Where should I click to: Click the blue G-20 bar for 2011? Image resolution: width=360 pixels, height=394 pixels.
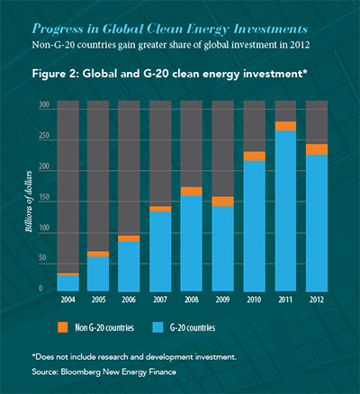click(285, 210)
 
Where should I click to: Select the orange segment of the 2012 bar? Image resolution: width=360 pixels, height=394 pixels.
click(317, 149)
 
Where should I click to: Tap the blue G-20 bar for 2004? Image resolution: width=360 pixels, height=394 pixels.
click(68, 283)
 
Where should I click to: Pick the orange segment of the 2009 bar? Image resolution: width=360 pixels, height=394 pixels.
click(223, 201)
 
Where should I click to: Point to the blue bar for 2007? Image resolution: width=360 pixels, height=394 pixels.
click(160, 252)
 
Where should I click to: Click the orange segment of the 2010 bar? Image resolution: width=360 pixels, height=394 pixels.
click(255, 157)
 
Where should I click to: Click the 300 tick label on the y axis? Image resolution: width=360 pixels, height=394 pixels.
click(44, 104)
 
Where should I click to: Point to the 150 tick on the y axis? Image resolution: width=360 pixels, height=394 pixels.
click(44, 197)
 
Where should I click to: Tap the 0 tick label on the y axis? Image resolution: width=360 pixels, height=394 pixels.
click(40, 288)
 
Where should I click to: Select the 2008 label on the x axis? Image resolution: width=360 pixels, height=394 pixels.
click(192, 300)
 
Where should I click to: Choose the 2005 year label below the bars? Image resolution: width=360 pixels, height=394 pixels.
click(99, 300)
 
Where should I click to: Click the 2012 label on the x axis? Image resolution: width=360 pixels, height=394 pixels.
click(317, 300)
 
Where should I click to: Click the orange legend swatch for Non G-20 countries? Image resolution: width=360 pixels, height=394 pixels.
click(63, 327)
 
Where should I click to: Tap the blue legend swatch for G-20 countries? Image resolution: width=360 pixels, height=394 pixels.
click(157, 327)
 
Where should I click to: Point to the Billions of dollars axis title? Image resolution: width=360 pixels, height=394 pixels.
click(29, 201)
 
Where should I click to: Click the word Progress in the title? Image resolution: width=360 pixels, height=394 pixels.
click(58, 30)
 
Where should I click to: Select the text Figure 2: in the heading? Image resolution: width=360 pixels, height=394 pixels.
click(56, 74)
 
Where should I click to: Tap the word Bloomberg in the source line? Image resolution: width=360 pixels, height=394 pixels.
click(80, 372)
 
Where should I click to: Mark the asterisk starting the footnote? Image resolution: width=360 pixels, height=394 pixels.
click(33, 355)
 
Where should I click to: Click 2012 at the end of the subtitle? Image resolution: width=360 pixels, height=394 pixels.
click(300, 45)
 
